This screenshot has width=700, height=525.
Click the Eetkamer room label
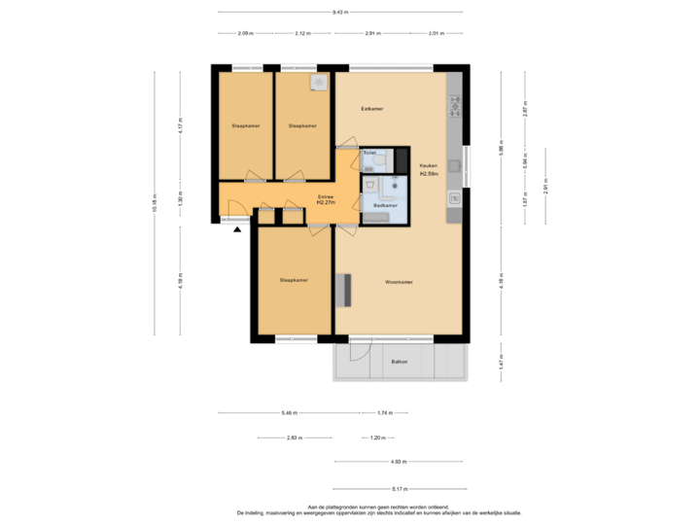tap(371, 108)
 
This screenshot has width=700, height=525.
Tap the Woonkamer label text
tap(399, 282)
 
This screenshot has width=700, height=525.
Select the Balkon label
tap(399, 362)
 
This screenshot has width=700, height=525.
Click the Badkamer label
tap(385, 205)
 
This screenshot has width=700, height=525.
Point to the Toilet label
tap(369, 153)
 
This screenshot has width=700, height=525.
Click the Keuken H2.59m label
tap(428, 169)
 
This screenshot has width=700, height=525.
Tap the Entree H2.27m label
tap(326, 200)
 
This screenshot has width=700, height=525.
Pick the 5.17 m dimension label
tap(399, 488)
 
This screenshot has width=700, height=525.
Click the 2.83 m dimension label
tap(294, 437)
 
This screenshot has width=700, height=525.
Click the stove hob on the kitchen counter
tap(454, 102)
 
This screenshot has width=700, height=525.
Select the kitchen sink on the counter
tap(454, 198)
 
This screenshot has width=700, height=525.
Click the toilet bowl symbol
tap(380, 163)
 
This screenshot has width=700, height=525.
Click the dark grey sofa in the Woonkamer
tap(341, 290)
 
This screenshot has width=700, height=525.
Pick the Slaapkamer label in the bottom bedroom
tap(294, 280)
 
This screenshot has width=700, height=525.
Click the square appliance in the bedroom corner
tap(318, 82)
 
